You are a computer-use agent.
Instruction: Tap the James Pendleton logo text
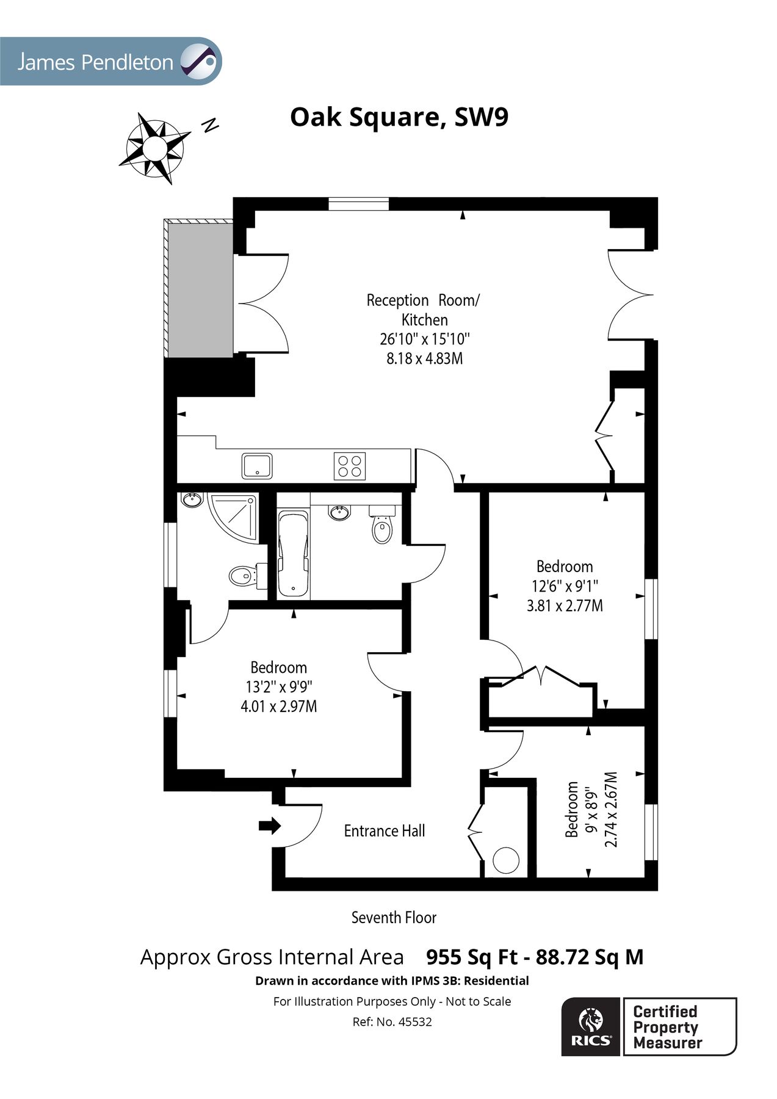95,62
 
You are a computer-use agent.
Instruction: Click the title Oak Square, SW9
399,117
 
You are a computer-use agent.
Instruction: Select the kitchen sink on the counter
257,466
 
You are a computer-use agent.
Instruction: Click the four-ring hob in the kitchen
350,466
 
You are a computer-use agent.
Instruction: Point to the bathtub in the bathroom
294,554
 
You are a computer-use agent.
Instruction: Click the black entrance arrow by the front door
269,826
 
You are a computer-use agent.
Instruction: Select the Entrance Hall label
384,831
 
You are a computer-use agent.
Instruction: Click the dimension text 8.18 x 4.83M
424,358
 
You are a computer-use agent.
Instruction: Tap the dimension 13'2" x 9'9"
278,687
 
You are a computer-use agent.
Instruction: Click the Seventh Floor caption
394,918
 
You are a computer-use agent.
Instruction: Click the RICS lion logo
590,1026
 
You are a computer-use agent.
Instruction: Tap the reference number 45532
414,1022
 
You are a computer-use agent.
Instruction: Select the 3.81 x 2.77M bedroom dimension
565,606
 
